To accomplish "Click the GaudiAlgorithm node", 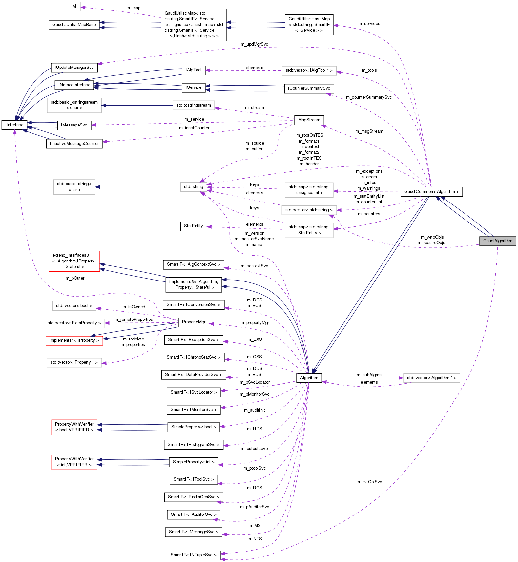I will (497, 241).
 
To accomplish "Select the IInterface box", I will (14, 125).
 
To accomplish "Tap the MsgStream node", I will (309, 120).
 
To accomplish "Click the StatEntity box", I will (194, 226).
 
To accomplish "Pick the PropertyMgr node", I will (194, 322).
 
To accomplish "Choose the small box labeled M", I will (74, 6).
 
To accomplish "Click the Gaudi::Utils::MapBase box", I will (74, 25).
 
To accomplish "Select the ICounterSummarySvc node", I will (309, 88).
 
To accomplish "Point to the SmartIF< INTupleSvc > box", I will (193, 555).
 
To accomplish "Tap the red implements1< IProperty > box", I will (74, 340).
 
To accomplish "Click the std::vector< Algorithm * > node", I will (431, 378).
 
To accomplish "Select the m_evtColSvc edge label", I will (369, 482).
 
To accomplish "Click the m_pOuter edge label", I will (75, 278).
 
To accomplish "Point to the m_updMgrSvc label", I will (254, 44).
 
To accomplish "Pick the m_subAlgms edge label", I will (369, 375).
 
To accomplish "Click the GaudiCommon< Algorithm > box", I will (431, 192).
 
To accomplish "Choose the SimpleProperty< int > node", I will (194, 462).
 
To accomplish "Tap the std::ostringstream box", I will (194, 105).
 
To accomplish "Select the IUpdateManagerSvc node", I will (74, 68).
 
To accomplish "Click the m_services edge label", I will (369, 24).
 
